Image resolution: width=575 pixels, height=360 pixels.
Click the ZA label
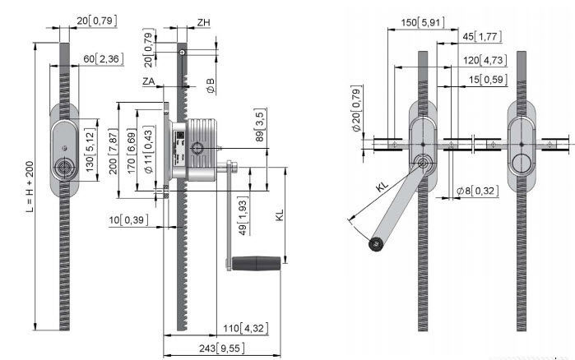click(x=148, y=81)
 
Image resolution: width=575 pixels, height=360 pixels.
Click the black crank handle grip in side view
click(x=257, y=265)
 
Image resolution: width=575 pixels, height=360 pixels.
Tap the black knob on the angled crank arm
click(x=377, y=243)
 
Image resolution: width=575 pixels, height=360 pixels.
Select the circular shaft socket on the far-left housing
click(x=64, y=167)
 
